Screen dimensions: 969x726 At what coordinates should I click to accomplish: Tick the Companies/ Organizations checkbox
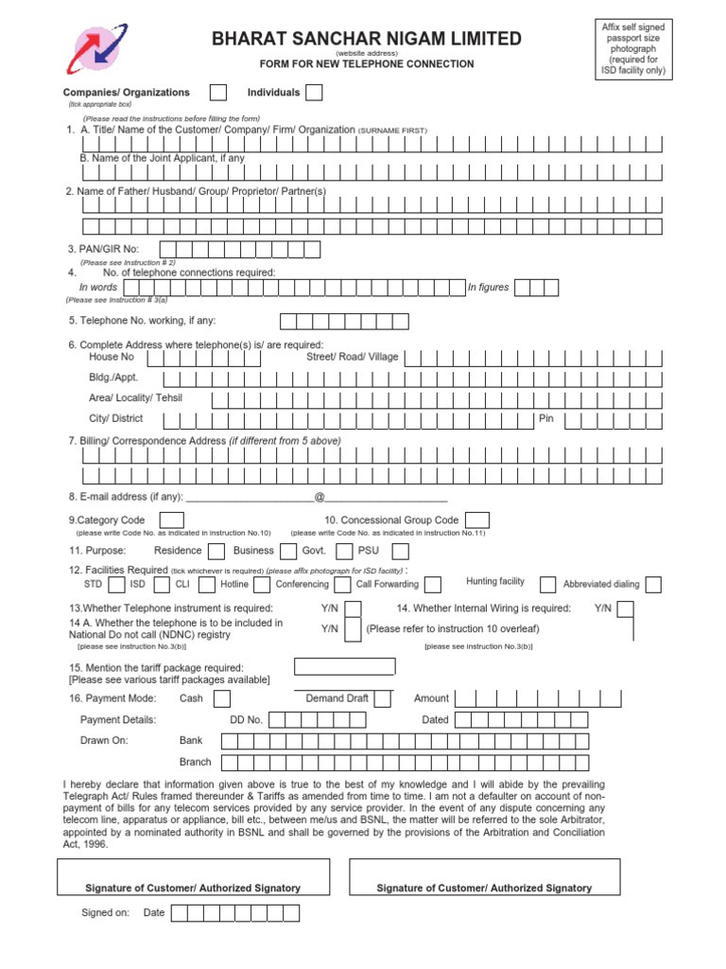217,92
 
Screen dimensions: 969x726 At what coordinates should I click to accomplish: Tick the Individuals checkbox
314,92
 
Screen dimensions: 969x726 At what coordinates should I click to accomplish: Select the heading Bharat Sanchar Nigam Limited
367,39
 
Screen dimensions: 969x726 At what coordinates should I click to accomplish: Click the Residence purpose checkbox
216,551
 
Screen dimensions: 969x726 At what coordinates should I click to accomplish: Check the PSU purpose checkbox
400,551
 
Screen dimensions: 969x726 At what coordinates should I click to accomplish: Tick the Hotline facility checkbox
260,584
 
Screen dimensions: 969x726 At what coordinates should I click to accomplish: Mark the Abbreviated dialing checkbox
653,584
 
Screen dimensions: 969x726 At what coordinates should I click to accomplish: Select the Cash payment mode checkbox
221,698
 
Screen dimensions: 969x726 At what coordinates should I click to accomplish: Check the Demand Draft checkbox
384,698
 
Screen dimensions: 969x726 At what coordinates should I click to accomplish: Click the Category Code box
172,520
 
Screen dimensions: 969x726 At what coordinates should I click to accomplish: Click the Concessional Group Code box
477,520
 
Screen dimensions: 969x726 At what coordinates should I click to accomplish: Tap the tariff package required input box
345,667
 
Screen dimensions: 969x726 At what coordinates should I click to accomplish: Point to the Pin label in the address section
545,418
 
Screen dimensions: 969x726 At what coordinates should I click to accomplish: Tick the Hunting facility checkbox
547,584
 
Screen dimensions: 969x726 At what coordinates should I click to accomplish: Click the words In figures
488,288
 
